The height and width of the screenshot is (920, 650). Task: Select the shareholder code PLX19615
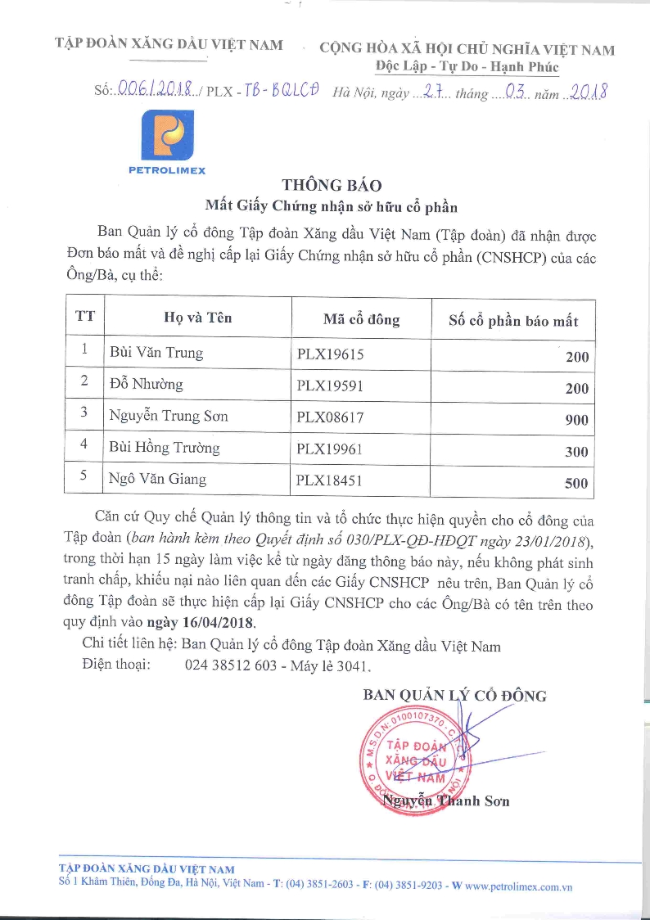tap(330, 354)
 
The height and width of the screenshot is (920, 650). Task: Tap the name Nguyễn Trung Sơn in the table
tap(169, 416)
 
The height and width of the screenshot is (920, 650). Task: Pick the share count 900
tap(576, 420)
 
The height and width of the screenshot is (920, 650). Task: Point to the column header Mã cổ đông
tap(361, 319)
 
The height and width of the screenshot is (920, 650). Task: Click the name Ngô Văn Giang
tap(157, 479)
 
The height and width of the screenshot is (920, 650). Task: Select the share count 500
tap(576, 483)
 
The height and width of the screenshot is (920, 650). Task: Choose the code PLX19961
tap(330, 449)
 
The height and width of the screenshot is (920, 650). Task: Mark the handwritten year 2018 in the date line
tap(588, 92)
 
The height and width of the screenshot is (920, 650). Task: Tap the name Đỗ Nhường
tap(147, 385)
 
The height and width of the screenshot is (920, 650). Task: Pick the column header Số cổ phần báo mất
tap(513, 321)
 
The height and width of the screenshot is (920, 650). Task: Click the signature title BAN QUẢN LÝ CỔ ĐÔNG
tap(454, 696)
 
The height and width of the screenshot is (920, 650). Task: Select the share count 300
tap(576, 452)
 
